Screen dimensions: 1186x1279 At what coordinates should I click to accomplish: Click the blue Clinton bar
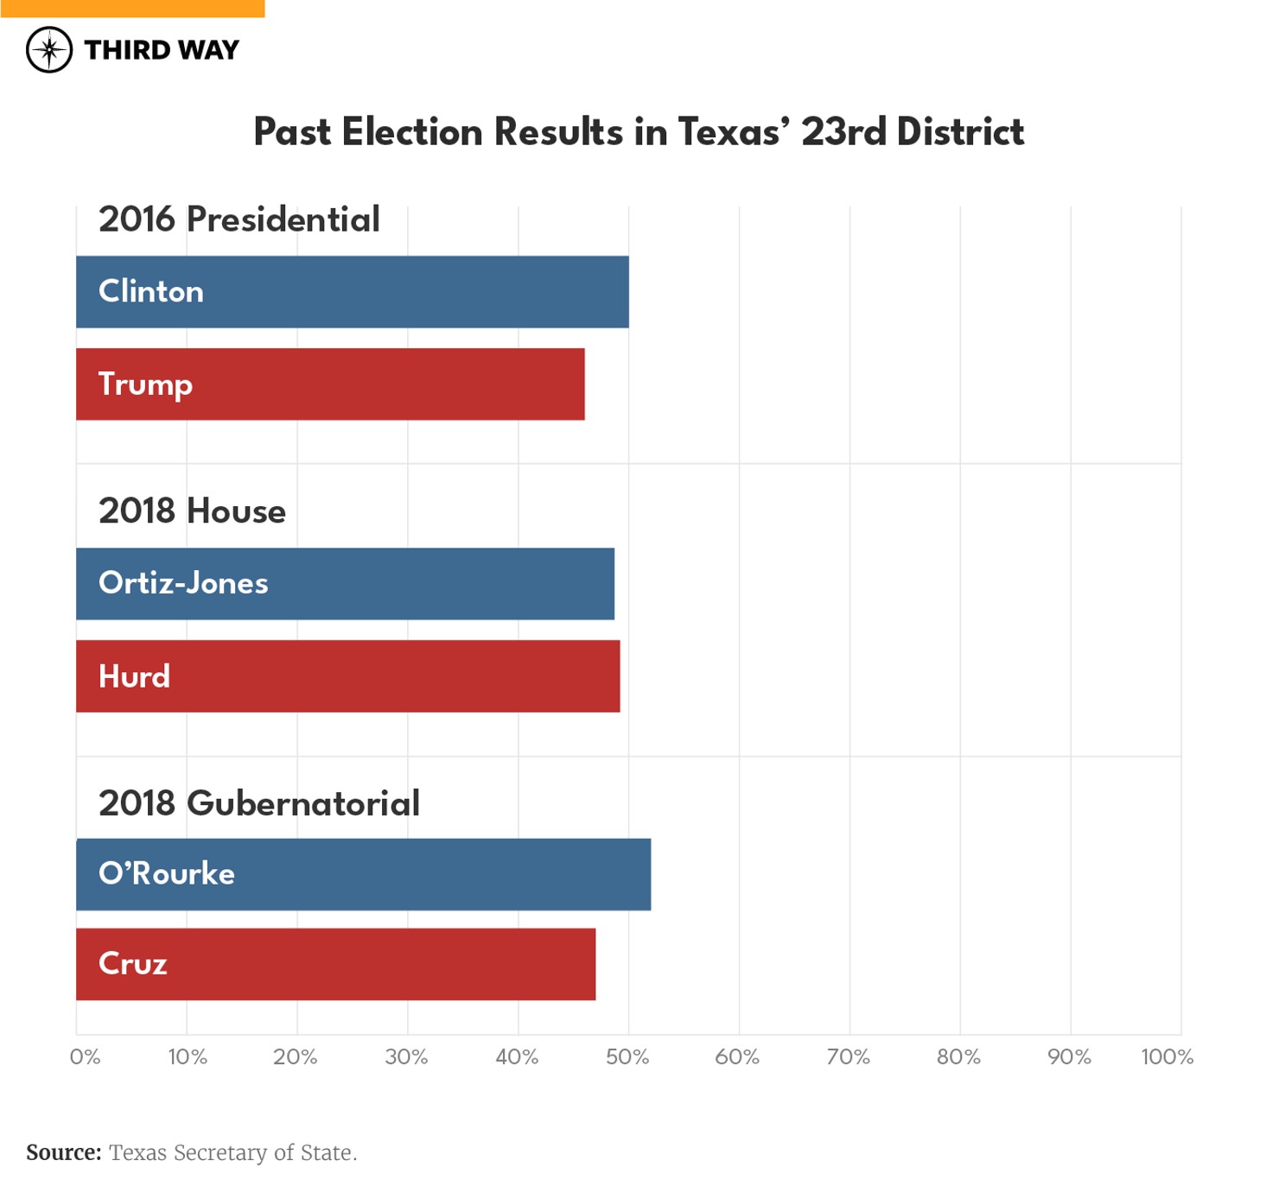[x=352, y=292]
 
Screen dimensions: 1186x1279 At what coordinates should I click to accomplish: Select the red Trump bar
[x=330, y=384]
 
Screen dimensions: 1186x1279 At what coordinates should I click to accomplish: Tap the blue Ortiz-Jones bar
[x=345, y=584]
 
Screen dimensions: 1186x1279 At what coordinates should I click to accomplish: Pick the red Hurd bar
[x=347, y=676]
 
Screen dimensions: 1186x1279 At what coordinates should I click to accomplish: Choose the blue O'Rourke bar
[x=363, y=874]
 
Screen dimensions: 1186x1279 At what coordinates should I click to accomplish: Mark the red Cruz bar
[x=335, y=964]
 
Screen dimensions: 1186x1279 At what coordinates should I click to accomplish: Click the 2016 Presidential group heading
[x=239, y=219]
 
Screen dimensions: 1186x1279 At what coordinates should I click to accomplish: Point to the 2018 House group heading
[x=192, y=511]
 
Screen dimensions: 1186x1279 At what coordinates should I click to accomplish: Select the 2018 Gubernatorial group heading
[x=258, y=803]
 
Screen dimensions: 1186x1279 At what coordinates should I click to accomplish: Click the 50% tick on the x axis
[x=627, y=1056]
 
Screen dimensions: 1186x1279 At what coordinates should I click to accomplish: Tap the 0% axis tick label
[x=85, y=1056]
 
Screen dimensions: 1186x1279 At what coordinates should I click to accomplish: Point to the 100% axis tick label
[x=1167, y=1056]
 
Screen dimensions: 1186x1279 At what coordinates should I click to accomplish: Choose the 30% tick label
[x=406, y=1056]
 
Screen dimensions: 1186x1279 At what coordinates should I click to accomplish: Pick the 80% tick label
[x=958, y=1056]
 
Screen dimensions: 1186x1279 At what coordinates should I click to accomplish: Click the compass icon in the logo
[x=49, y=49]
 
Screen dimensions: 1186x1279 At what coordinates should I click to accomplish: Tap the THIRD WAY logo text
[x=162, y=50]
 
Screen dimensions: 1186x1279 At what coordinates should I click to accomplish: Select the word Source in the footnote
[x=63, y=1152]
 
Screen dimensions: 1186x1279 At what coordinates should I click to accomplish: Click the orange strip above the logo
[x=132, y=8]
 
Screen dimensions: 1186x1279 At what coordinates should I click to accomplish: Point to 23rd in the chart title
[x=843, y=132]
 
